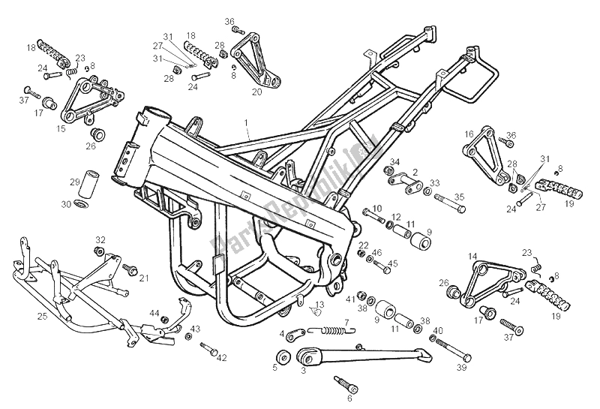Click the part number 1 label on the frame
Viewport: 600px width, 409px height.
245,121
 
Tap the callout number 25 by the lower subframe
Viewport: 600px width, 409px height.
42,316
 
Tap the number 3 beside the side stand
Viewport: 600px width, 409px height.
303,370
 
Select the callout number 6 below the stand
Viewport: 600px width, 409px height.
328,398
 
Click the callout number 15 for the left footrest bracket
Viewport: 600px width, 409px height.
61,128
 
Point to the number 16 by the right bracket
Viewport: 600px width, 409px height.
468,134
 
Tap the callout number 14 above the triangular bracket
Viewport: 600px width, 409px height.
472,256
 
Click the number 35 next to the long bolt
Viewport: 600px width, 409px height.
460,197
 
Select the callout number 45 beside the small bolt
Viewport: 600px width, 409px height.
394,263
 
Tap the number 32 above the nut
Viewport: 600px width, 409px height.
99,239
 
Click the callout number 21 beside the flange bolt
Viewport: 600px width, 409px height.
143,278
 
